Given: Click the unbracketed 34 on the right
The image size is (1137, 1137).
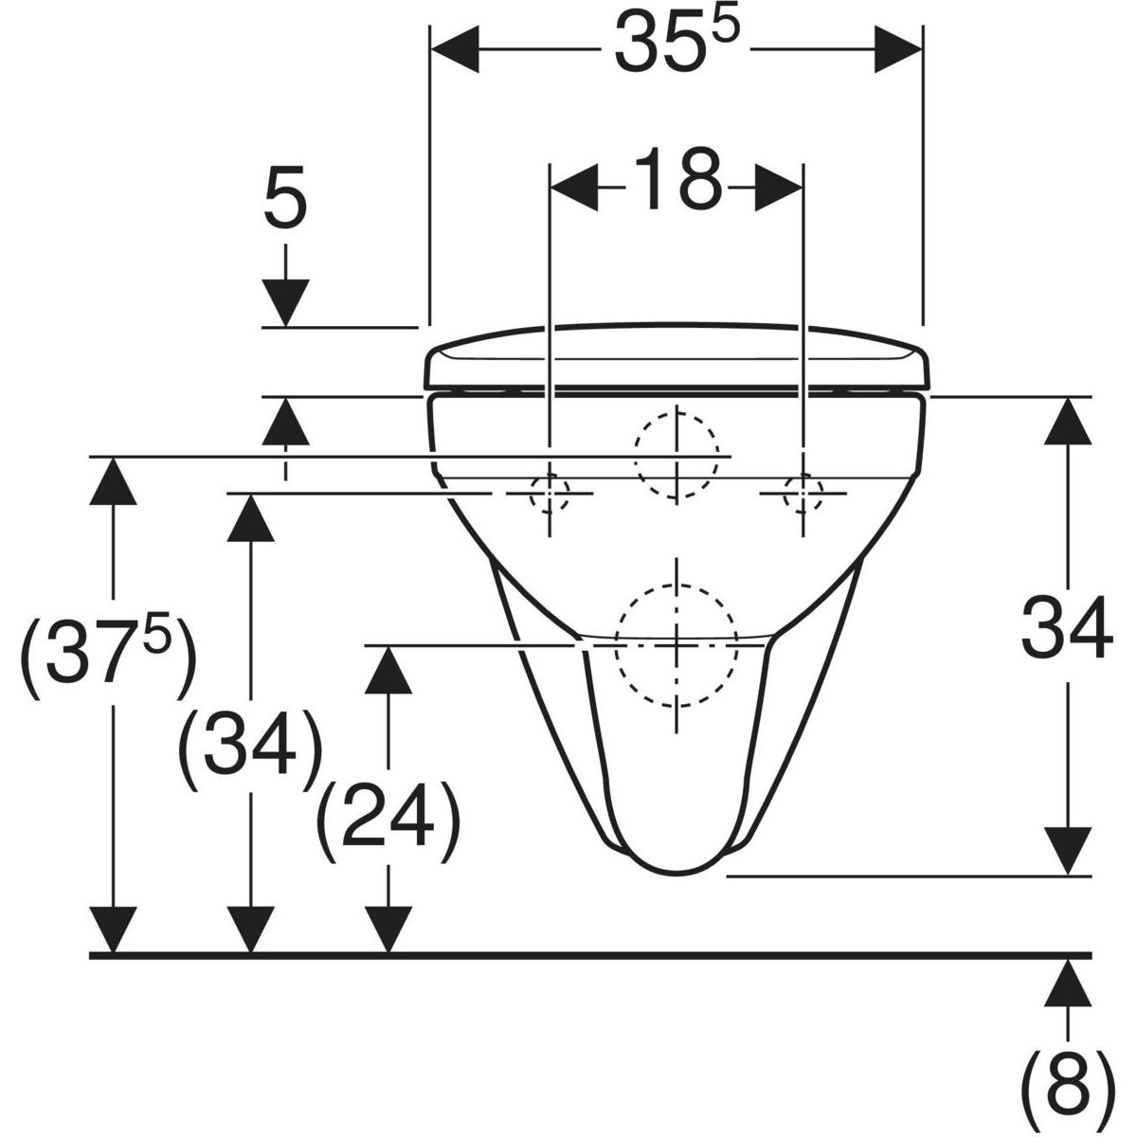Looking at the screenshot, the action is coord(1067,627).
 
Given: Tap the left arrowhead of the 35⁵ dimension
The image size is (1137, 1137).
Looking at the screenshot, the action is coord(455,49).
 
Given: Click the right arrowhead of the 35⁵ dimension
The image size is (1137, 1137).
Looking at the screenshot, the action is coord(898,49).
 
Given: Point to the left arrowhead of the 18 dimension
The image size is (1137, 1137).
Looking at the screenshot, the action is coord(573,188).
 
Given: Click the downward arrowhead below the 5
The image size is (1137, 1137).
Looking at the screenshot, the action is coord(285,302).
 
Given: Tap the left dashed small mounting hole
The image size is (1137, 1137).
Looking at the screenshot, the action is coord(550,493).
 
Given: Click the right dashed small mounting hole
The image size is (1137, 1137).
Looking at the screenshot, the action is coord(803,493).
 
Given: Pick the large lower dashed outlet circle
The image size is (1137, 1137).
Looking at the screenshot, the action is coord(677,645).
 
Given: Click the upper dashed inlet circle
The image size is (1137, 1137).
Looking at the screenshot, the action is coord(677,457).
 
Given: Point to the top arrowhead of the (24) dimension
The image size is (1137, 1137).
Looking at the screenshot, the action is coord(388,669).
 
